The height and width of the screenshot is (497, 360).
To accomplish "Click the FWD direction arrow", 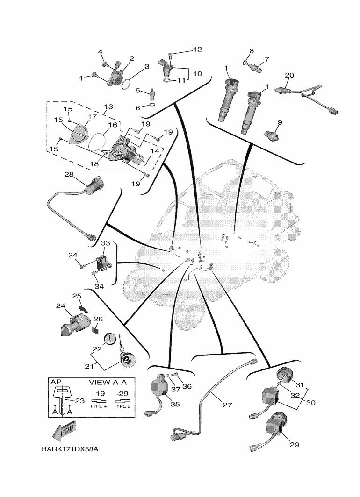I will [64, 433].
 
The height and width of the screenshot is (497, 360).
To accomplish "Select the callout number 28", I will [69, 175].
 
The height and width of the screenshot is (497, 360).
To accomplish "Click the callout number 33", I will [105, 243].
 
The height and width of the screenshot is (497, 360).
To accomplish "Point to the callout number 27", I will [227, 405].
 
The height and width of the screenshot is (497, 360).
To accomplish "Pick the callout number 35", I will [175, 404].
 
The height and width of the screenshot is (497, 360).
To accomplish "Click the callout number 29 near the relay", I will [294, 445].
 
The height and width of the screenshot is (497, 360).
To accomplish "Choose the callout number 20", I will [289, 75].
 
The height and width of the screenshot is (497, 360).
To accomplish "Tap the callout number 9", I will [280, 122].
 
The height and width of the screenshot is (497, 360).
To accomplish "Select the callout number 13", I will [108, 107].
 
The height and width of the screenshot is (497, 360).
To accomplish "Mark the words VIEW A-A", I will [108, 382].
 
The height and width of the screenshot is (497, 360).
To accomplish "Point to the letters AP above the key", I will [56, 382].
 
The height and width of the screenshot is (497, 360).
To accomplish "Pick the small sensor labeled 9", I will [270, 135].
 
